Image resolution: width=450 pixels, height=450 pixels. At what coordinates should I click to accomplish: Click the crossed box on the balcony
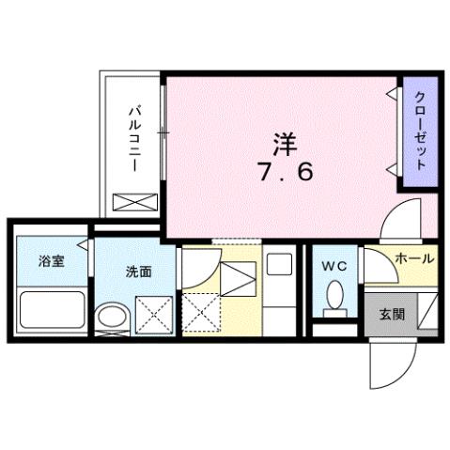click(132, 201)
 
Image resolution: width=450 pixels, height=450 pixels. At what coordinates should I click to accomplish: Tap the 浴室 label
click(52, 262)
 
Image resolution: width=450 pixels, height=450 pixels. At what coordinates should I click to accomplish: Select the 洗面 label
click(139, 272)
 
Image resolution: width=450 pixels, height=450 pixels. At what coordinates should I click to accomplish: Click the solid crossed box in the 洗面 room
click(152, 314)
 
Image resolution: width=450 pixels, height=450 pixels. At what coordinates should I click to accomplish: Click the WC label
click(334, 267)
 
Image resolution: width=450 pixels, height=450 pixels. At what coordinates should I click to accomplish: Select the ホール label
click(413, 256)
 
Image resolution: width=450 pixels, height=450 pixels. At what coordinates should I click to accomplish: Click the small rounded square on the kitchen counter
click(279, 265)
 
